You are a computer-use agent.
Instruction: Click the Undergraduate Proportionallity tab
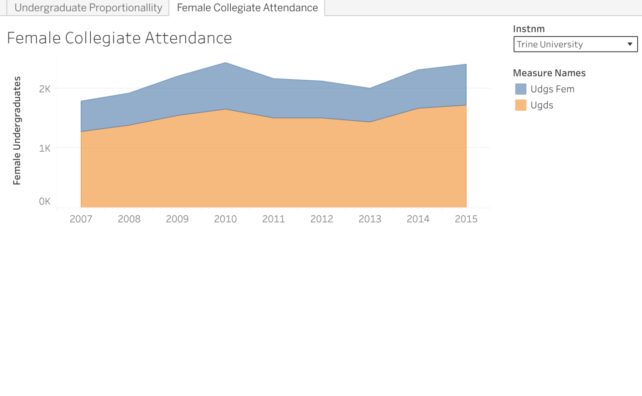coord(88,8)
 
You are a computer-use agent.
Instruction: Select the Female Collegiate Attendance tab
coord(247,8)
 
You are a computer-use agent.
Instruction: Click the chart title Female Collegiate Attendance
coord(120,38)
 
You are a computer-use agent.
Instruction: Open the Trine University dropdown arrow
coord(629,44)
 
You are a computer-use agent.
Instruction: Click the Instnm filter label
coord(529,29)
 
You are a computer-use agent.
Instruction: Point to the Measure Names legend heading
coord(549,73)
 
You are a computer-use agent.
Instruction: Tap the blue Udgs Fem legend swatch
coord(521,89)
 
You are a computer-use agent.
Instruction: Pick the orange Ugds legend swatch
coord(521,105)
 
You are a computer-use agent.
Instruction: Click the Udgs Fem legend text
coord(552,89)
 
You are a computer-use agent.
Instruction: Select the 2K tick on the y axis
coord(45,89)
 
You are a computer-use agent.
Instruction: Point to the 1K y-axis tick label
coord(45,148)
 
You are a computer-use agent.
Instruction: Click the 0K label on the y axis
coord(45,201)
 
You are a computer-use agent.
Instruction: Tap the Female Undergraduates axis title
coord(17,131)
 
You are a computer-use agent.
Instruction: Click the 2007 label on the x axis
coord(81,219)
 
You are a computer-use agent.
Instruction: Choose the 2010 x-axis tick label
coord(225,219)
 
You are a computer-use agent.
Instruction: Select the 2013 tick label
coord(370,219)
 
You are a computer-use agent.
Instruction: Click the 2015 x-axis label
coord(466,219)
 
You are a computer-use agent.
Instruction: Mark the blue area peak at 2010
coord(225,63)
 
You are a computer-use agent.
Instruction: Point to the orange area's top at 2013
coord(370,122)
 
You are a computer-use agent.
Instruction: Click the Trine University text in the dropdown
coord(550,44)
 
